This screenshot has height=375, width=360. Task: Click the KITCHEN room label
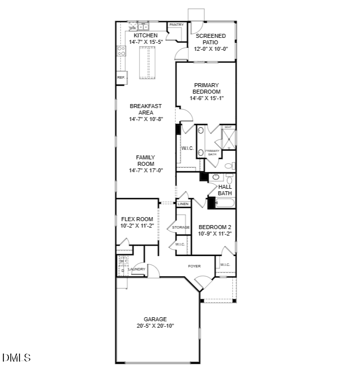[145, 35]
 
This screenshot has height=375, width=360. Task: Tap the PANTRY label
[176, 25]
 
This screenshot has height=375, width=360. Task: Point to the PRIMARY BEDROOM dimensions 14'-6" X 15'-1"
[207, 98]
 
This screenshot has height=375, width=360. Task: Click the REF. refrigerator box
[121, 78]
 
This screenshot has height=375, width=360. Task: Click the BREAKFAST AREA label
[145, 109]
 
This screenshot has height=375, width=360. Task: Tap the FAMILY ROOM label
[145, 161]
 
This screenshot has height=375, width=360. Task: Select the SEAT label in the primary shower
[228, 127]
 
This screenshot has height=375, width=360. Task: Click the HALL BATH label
[225, 190]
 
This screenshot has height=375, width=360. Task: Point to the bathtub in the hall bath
[226, 203]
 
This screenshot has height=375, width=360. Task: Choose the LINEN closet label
[183, 204]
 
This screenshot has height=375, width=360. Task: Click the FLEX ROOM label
[137, 219]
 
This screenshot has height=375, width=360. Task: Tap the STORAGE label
[181, 228]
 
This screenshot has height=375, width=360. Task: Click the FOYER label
[194, 266]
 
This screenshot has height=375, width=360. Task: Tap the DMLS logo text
[16, 358]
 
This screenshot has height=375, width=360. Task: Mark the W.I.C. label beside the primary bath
[187, 148]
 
